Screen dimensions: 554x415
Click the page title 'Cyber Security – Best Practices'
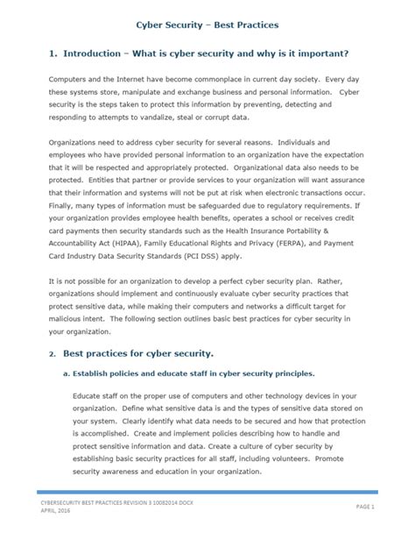pyautogui.click(x=207, y=27)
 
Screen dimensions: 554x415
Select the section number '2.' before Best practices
pyautogui.click(x=53, y=353)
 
